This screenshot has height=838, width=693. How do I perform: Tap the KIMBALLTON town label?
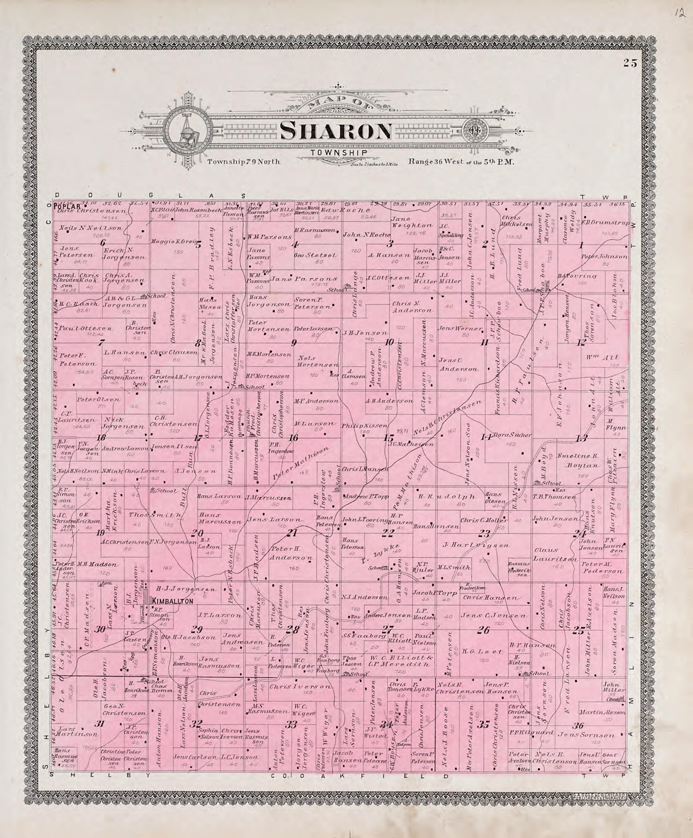coord(173,601)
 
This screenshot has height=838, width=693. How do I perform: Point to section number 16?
coord(293,438)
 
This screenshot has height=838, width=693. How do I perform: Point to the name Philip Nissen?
coord(364,426)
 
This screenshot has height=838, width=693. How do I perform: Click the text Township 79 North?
coord(244,162)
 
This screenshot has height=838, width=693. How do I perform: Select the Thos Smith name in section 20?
coord(156,515)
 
